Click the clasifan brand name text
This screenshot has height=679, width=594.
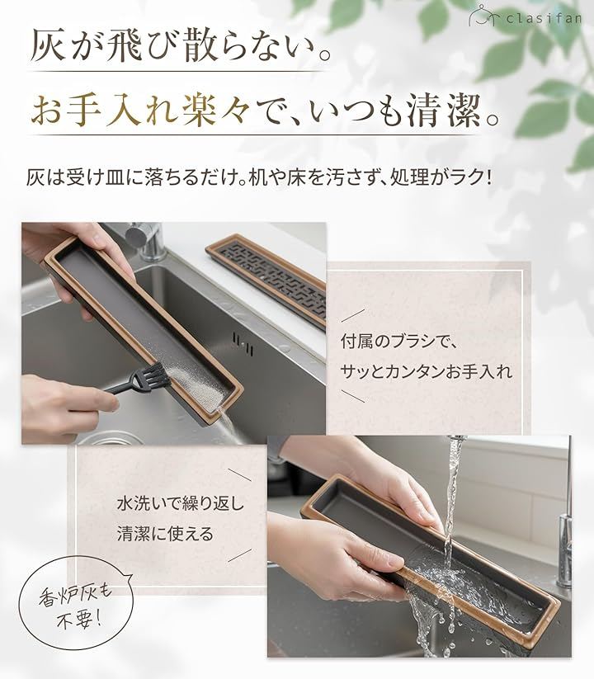point(544,19)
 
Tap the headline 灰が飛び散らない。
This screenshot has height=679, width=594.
point(181,45)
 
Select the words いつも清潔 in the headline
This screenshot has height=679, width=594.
point(392,111)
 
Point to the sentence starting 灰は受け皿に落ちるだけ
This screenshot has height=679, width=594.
point(259,177)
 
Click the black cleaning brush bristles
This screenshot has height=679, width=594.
point(153,373)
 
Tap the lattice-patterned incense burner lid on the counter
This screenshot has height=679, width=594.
point(267,277)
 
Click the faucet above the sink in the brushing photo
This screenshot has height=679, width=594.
point(146,240)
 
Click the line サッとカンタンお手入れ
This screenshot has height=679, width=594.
point(426,371)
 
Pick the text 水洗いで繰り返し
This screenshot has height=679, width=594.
point(181,503)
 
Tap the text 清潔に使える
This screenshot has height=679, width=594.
point(165,534)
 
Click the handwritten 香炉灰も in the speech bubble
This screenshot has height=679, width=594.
point(75,595)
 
